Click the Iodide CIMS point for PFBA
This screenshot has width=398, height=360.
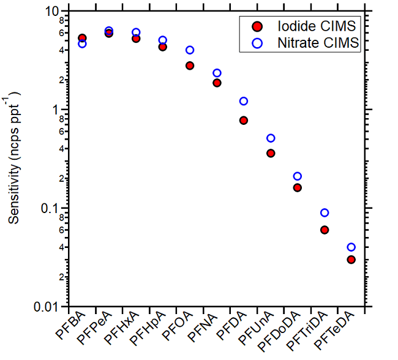pyautogui.click(x=82, y=38)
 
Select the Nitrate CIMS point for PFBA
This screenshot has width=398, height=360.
pyautogui.click(x=82, y=43)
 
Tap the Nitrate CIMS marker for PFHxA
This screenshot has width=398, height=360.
pyautogui.click(x=136, y=32)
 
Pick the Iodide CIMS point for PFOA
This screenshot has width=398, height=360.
pyautogui.click(x=190, y=66)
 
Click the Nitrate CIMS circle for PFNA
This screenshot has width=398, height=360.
pyautogui.click(x=217, y=73)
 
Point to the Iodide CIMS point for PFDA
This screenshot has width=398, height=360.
pyautogui.click(x=244, y=121)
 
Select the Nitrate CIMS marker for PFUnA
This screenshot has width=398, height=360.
pyautogui.click(x=271, y=138)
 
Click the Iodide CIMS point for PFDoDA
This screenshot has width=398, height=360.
pyautogui.click(x=298, y=188)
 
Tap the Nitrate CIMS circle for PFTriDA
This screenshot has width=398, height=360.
pyautogui.click(x=325, y=212)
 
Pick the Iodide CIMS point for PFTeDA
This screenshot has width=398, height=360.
pyautogui.click(x=351, y=260)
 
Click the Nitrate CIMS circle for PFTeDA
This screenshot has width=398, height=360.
pyautogui.click(x=351, y=247)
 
